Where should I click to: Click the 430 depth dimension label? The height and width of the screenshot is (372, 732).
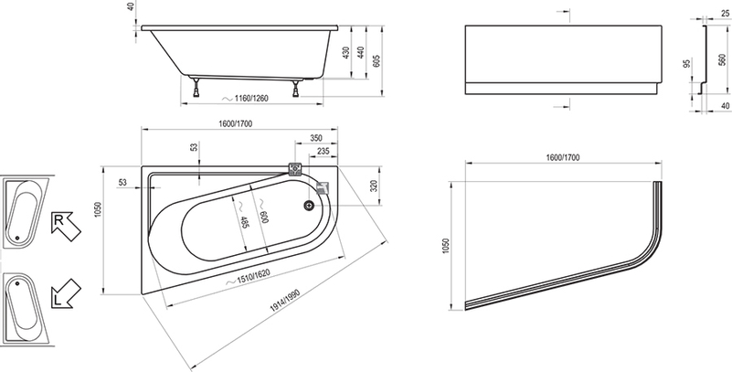click(x=346, y=53)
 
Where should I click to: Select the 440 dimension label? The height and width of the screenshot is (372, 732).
click(x=360, y=53)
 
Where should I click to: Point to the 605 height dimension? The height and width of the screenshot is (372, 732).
click(x=377, y=60)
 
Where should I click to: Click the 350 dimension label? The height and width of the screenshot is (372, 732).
click(x=316, y=138)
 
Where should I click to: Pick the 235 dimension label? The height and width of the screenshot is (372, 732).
click(x=324, y=151)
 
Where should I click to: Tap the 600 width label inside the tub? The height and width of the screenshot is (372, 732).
click(x=265, y=217)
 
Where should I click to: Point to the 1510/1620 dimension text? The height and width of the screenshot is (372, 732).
click(x=254, y=277)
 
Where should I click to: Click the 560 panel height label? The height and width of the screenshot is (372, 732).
click(x=722, y=59)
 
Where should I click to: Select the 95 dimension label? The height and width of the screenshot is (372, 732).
click(x=687, y=63)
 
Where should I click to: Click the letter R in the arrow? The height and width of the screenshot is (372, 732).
click(x=59, y=220)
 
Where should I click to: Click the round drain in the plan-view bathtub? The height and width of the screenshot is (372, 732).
click(x=308, y=205)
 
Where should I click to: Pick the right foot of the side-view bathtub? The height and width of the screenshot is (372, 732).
click(x=296, y=89)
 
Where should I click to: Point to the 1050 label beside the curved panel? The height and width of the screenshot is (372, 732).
click(x=446, y=245)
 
